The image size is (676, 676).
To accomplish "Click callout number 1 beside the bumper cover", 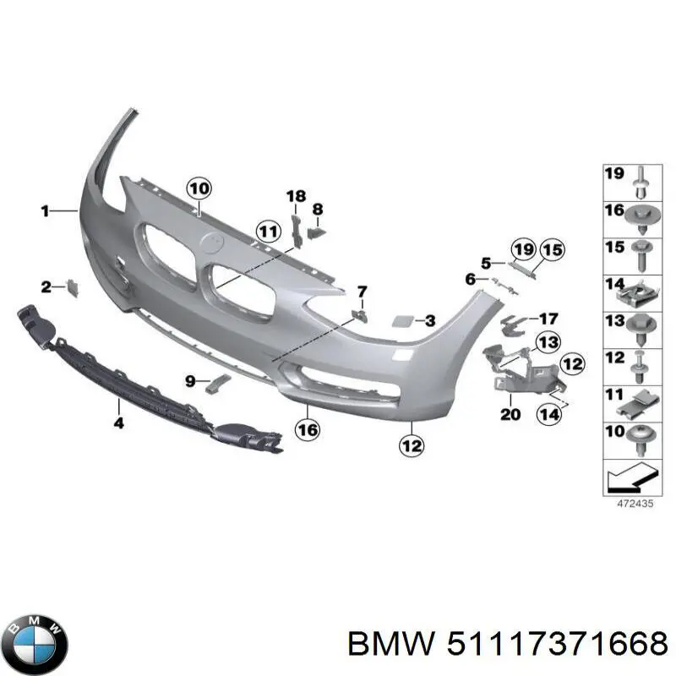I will coord(45,211).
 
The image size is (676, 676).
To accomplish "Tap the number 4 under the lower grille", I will coord(118,422).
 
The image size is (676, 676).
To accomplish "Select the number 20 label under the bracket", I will coord(510,414).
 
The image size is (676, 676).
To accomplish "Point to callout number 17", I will coord(548,319).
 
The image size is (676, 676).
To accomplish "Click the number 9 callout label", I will coord(190,381).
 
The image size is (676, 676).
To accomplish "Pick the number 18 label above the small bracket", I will coord(295,197).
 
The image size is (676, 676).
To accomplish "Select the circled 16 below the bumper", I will coord(308,430).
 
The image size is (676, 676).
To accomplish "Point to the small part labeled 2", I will coord(73,289).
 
